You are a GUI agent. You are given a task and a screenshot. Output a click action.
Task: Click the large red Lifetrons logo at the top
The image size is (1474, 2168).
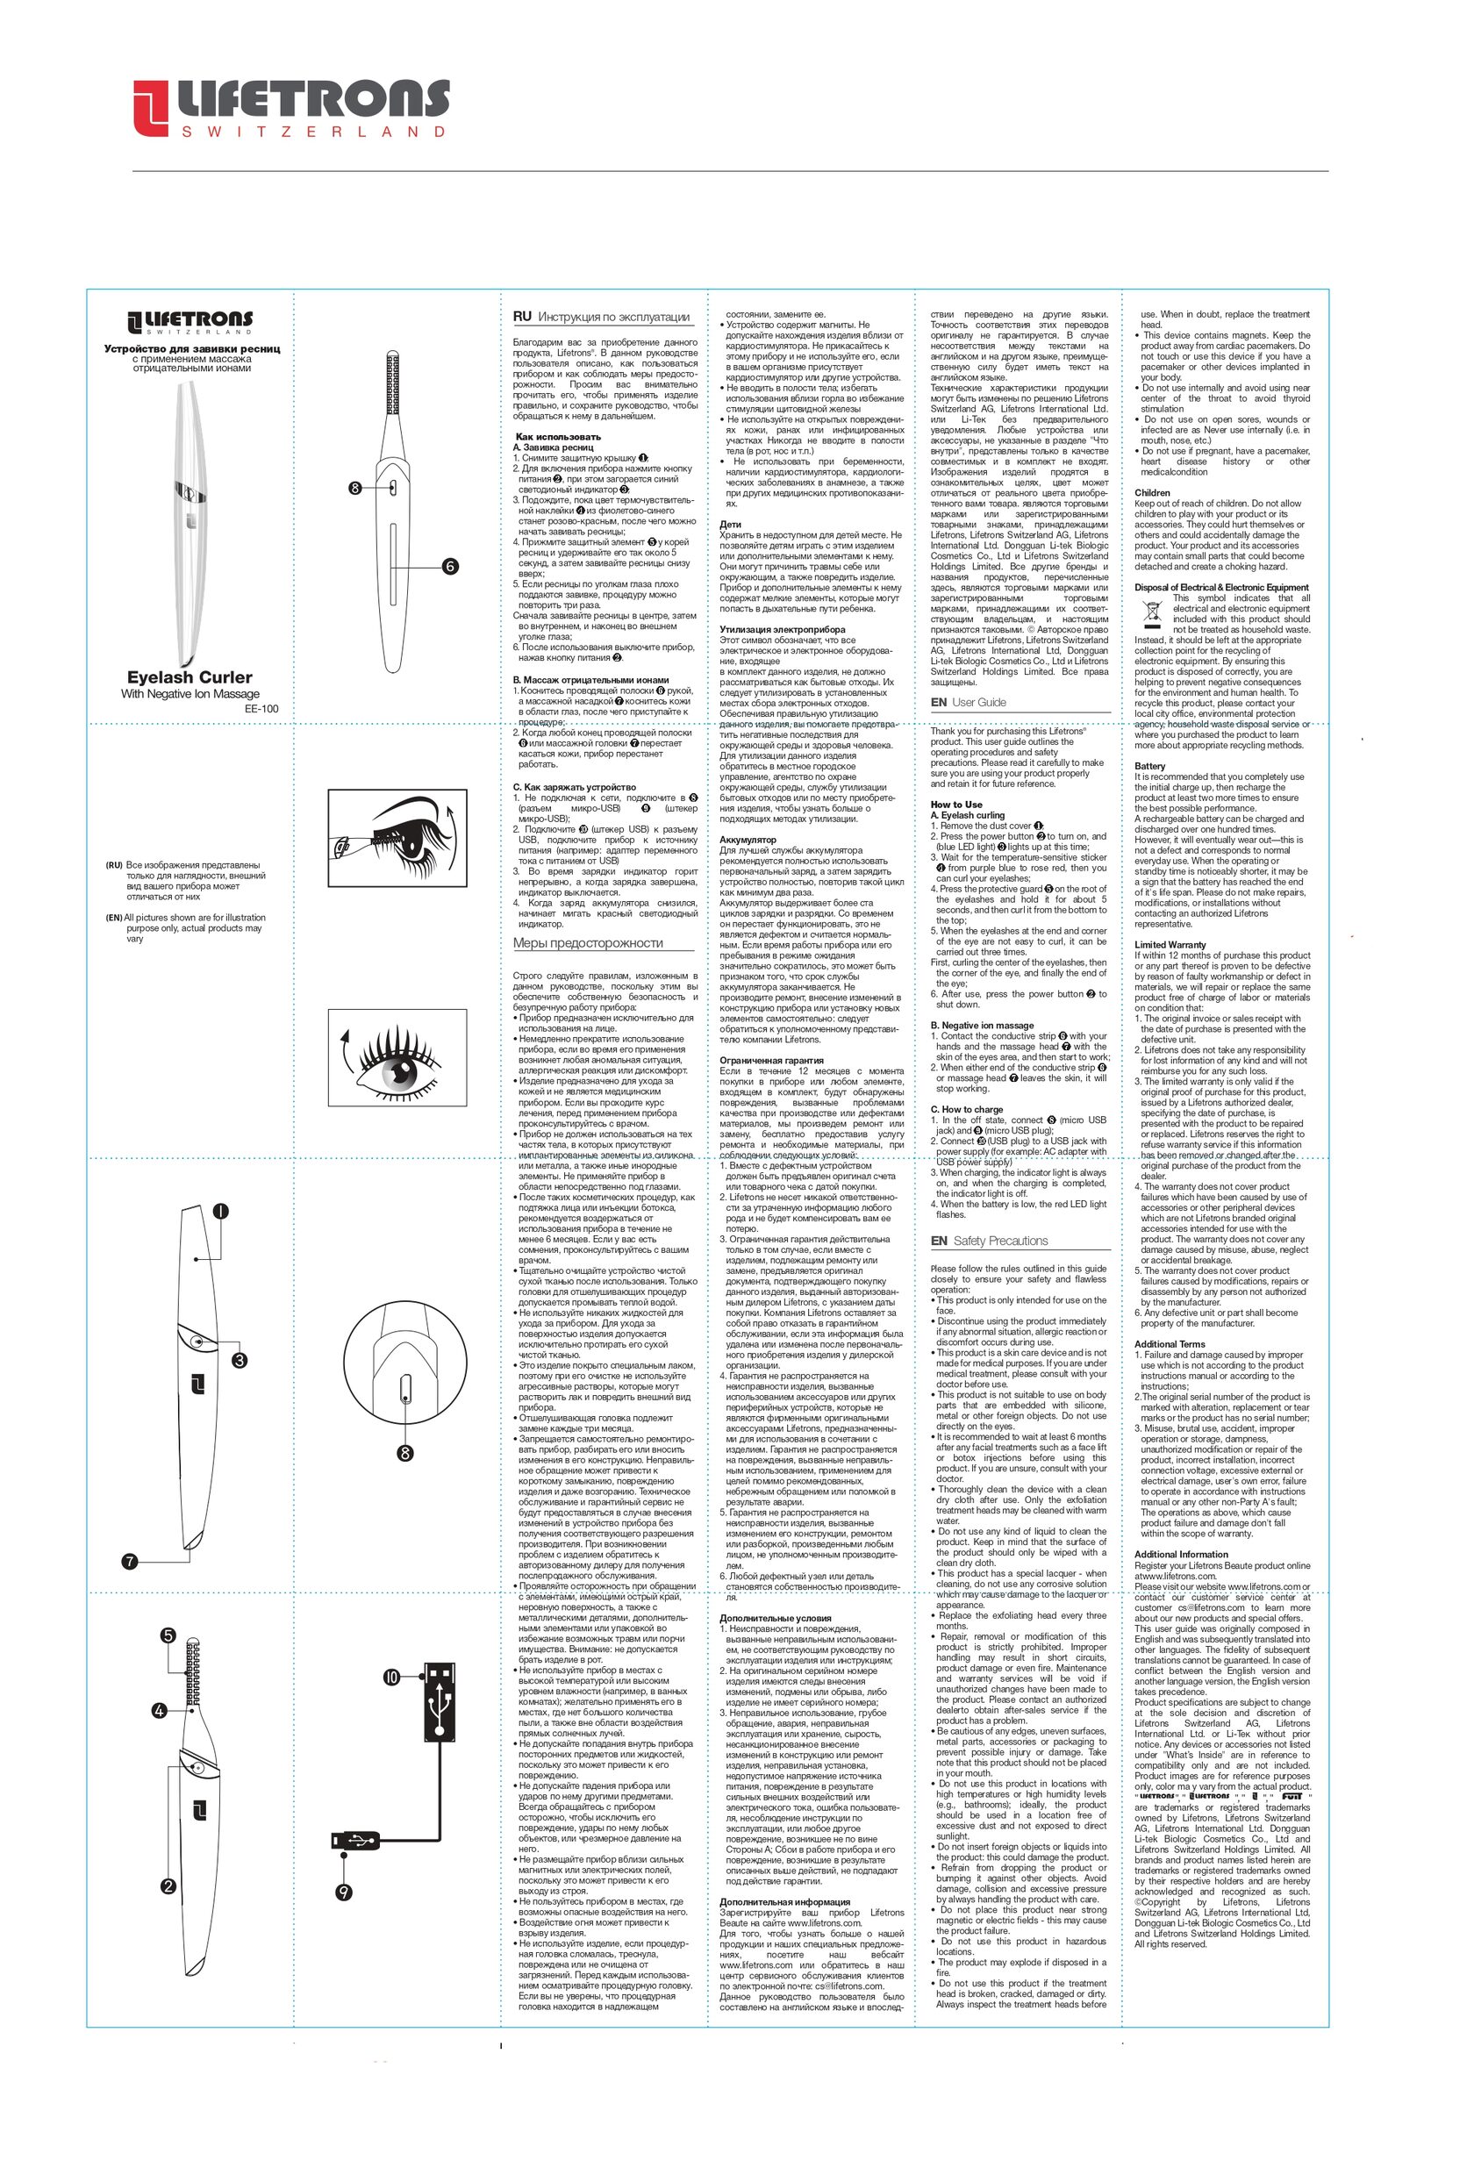point(290,109)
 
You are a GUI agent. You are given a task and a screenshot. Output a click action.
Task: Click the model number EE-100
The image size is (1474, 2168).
point(261,708)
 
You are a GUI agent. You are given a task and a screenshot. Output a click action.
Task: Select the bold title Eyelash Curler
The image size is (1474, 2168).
point(190,677)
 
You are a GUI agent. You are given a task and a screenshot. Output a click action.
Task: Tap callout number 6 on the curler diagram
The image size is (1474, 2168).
point(450,566)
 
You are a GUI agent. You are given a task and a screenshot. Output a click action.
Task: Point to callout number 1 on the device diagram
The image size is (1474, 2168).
point(220,1211)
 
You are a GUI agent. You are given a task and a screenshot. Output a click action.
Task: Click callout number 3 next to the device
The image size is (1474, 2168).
point(240,1360)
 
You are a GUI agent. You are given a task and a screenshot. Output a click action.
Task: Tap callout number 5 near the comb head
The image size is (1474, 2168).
point(168,1635)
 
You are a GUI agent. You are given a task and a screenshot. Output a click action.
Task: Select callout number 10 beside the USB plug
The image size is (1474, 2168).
point(392,1677)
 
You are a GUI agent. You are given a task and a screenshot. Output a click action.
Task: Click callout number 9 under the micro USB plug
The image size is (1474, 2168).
point(344,1892)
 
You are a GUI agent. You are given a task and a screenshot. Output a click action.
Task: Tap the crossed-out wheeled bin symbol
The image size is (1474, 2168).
point(1151,612)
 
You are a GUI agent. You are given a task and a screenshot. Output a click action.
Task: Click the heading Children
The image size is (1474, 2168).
point(1151,492)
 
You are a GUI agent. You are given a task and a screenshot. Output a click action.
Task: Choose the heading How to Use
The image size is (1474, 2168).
point(955,805)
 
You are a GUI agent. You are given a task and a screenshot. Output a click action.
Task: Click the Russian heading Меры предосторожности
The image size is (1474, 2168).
point(588,943)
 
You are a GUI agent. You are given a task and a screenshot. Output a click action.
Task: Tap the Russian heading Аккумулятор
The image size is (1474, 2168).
point(748,840)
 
